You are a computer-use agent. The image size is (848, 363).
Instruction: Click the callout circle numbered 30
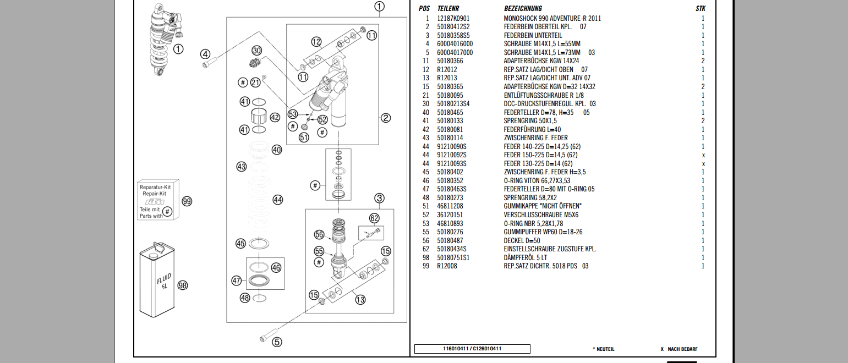pos(256,50)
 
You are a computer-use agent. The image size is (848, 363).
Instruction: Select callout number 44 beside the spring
pos(278,200)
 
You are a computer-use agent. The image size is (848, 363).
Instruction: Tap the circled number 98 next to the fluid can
pos(183,285)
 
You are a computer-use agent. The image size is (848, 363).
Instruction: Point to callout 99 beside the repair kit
pos(187,202)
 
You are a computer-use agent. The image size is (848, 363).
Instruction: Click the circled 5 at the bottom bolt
pos(277,342)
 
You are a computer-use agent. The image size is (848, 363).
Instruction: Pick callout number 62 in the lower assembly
pos(375,218)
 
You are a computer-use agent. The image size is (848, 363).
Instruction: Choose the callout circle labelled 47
pos(237,280)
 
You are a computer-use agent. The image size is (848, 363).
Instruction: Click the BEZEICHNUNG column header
pos(523,8)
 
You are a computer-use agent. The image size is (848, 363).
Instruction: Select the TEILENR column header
pos(448,8)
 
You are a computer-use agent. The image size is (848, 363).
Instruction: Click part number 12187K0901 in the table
pos(453,18)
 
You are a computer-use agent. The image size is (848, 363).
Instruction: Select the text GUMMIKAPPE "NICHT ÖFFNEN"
pos(543,206)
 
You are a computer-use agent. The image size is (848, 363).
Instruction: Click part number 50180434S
pos(452,249)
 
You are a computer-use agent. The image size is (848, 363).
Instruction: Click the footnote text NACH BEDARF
pos(682,349)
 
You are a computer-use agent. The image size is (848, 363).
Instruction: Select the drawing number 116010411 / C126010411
pos(472,349)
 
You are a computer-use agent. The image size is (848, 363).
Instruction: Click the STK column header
pos(700,8)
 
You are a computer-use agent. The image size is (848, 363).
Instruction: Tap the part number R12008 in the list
pos(447,266)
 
